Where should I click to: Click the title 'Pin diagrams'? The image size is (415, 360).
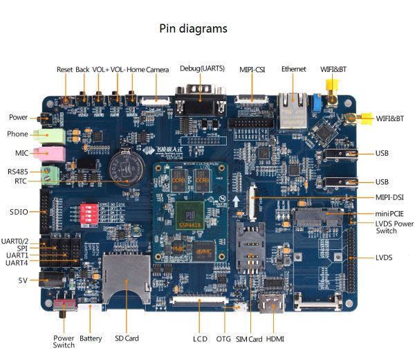tap(193, 29)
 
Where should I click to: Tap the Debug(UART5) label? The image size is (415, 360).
tap(201, 69)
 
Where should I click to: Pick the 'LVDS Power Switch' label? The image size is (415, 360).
tap(394, 228)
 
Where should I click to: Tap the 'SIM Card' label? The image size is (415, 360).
tap(249, 339)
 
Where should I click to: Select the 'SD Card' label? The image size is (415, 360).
tap(127, 339)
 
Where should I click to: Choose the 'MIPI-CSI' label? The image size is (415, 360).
tap(252, 69)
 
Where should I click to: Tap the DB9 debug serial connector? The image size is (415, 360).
tap(201, 101)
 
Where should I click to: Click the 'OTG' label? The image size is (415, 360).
tap(223, 339)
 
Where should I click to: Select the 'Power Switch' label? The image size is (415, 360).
tap(64, 341)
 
